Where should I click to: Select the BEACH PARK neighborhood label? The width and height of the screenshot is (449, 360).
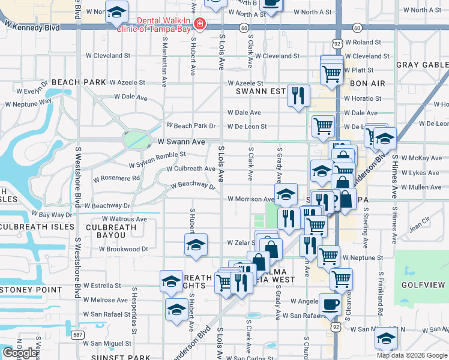pyautogui.click(x=78, y=82)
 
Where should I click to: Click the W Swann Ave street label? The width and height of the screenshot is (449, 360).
pyautogui.click(x=181, y=142)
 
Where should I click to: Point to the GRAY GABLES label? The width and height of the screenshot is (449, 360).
pyautogui.click(x=421, y=65)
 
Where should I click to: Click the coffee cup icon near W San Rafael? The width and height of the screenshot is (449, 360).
pyautogui.click(x=330, y=304)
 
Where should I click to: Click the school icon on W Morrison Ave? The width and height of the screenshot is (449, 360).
pyautogui.click(x=286, y=194)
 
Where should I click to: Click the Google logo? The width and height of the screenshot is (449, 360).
pyautogui.click(x=20, y=353)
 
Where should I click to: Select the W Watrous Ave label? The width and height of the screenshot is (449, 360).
pyautogui.click(x=124, y=220)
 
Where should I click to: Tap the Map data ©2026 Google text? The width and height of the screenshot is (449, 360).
pyautogui.click(x=412, y=355)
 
